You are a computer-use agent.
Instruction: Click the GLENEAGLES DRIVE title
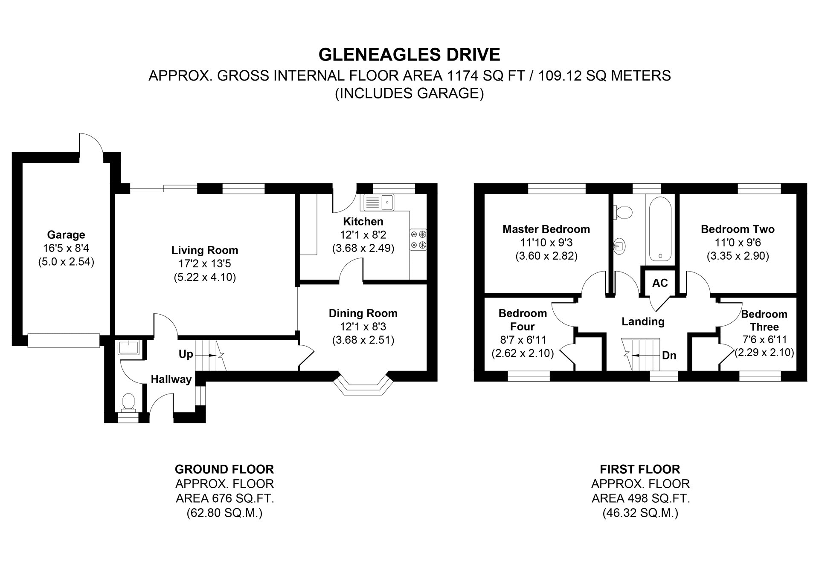pyautogui.click(x=409, y=55)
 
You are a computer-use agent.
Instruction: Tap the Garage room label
pyautogui.click(x=66, y=234)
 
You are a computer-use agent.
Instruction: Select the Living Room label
pyautogui.click(x=205, y=250)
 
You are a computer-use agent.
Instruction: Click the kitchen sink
pyautogui.click(x=379, y=202)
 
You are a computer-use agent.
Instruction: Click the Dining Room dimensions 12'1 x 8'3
pyautogui.click(x=363, y=327)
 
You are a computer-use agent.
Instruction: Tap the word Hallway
pyautogui.click(x=171, y=379)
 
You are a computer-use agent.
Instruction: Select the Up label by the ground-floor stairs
pyautogui.click(x=186, y=354)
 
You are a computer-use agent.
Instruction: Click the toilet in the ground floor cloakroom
pyautogui.click(x=128, y=403)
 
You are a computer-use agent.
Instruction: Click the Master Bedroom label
pyautogui.click(x=546, y=229)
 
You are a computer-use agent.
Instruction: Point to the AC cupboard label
pyautogui.click(x=660, y=283)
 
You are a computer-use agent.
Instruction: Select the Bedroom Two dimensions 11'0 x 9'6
pyautogui.click(x=738, y=243)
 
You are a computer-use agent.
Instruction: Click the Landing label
pyautogui.click(x=643, y=321)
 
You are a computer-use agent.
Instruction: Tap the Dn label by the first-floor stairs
pyautogui.click(x=669, y=355)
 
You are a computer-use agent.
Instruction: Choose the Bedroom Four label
pyautogui.click(x=523, y=320)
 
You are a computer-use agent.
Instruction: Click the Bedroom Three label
pyautogui.click(x=764, y=321)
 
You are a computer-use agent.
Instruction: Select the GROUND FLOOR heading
pyautogui.click(x=224, y=469)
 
